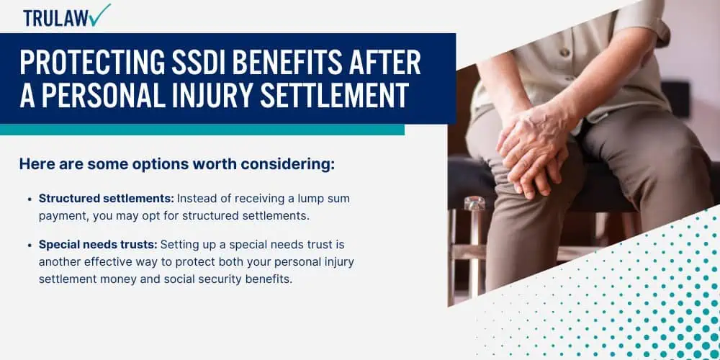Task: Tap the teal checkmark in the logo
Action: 99,14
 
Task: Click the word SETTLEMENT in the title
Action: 336,96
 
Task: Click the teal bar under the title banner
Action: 202,130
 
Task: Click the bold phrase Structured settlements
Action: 107,199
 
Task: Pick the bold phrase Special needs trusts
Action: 98,245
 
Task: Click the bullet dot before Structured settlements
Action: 30,199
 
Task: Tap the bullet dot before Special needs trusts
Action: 30,246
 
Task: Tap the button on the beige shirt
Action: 564,53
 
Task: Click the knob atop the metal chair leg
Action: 474,204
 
